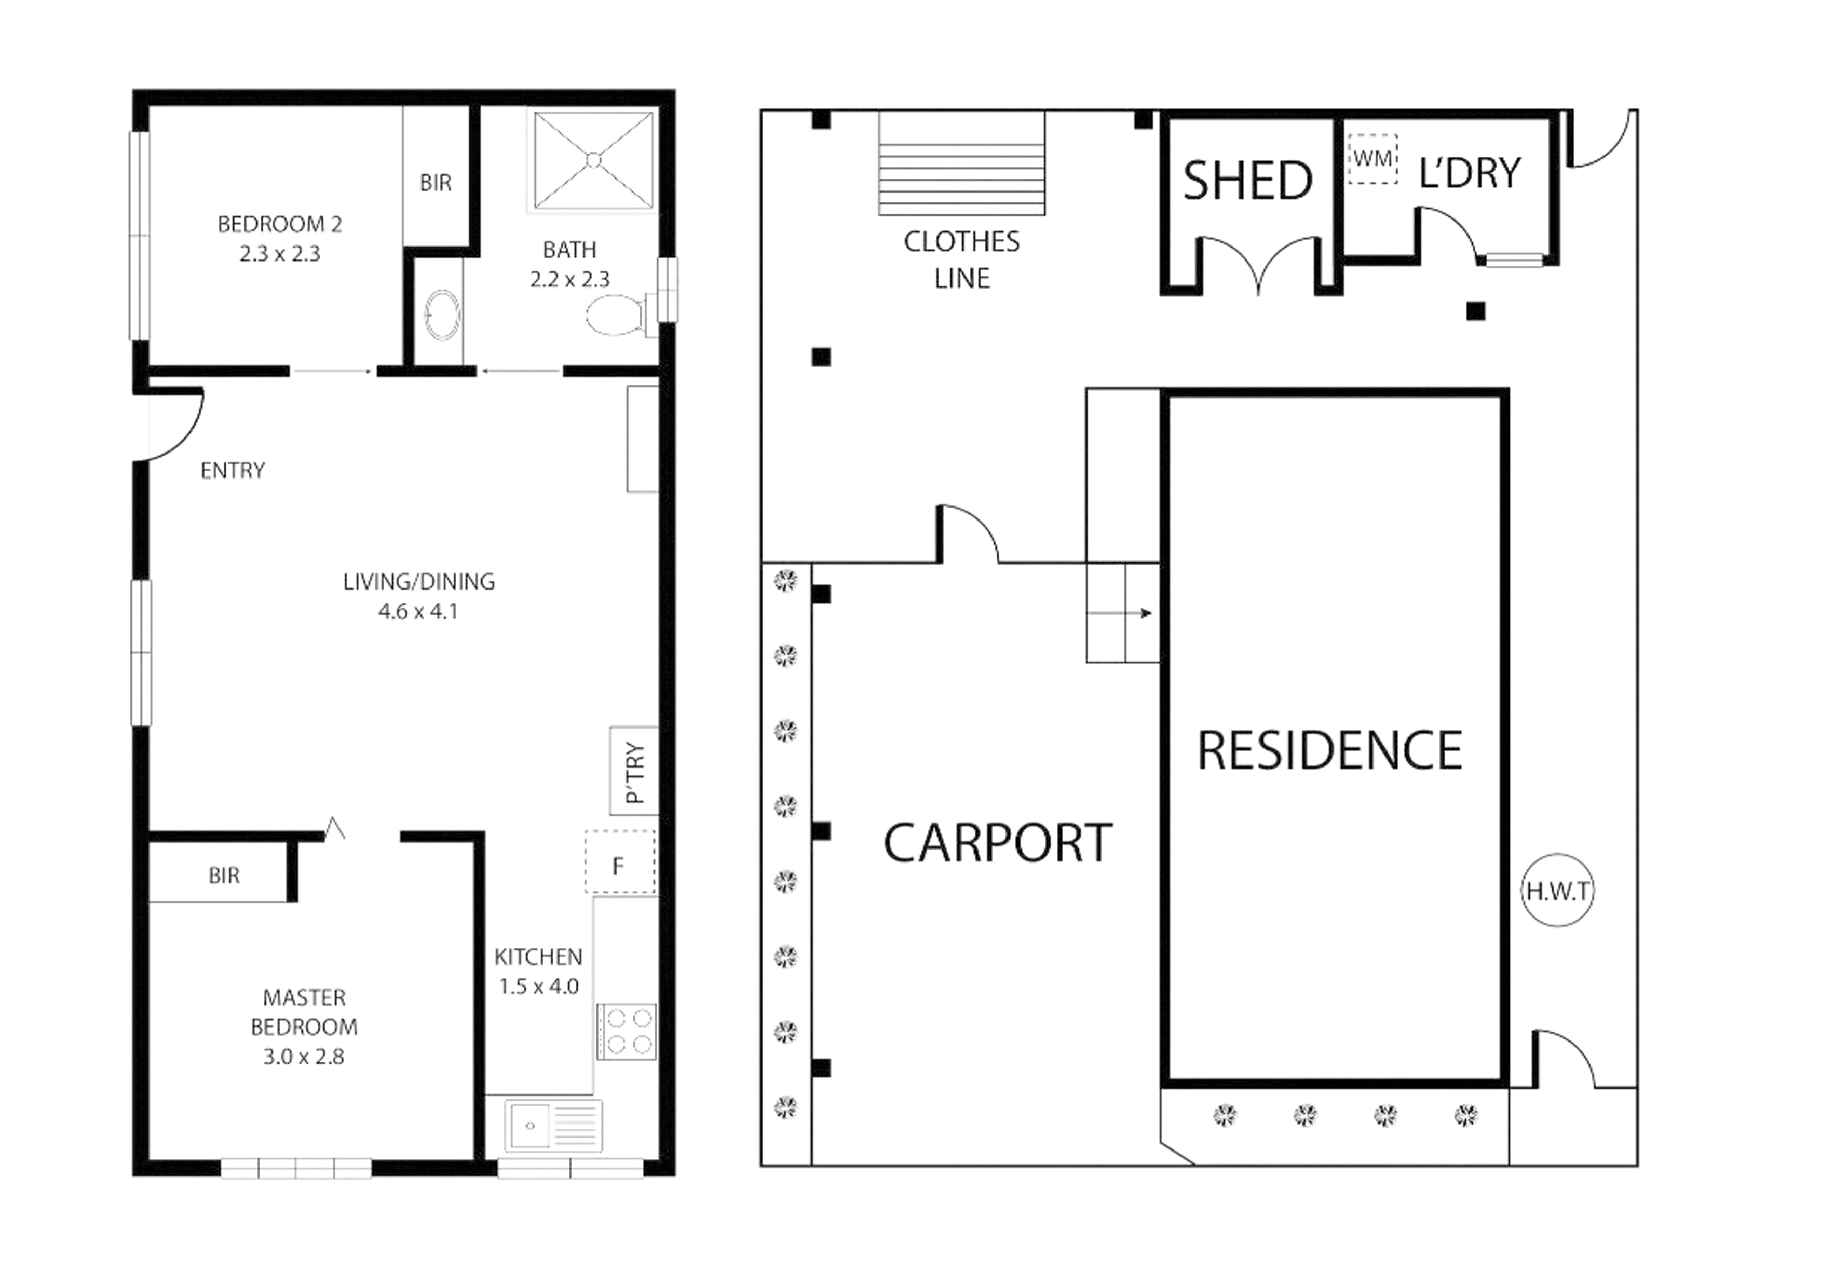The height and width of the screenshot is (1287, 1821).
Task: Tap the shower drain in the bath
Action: [593, 160]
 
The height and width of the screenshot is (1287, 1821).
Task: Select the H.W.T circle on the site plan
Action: [1558, 892]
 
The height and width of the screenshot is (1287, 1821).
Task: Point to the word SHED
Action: [1247, 181]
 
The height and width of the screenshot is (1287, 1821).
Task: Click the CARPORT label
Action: [998, 843]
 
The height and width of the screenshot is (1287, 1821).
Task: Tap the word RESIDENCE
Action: [1330, 750]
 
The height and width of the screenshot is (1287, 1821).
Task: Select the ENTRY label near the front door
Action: [233, 471]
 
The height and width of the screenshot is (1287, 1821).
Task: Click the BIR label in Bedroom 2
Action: [436, 183]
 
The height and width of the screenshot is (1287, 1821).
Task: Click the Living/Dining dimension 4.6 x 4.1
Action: [418, 611]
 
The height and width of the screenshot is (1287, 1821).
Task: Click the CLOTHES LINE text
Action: [962, 259]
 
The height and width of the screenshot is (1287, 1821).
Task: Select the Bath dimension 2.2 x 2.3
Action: [569, 279]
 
